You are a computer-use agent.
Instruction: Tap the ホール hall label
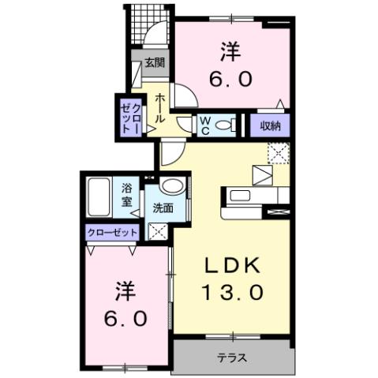click(159, 107)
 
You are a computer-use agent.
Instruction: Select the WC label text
click(204, 125)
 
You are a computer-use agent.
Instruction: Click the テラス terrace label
click(232, 357)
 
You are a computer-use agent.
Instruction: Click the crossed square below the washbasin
click(156, 232)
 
